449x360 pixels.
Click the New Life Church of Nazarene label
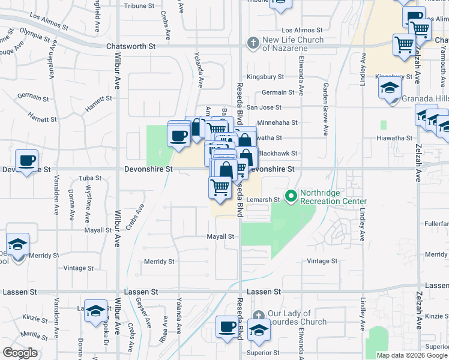pyautogui.click(x=294, y=44)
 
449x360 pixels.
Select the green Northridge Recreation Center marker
pyautogui.click(x=291, y=196)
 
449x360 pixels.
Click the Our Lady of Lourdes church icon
pyautogui.click(x=258, y=316)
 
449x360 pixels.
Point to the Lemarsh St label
pyautogui.click(x=265, y=200)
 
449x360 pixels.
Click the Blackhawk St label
pyautogui.click(x=277, y=154)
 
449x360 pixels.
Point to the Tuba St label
pyautogui.click(x=90, y=178)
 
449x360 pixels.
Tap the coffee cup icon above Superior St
pyautogui.click(x=228, y=327)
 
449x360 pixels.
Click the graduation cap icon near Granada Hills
pyautogui.click(x=390, y=89)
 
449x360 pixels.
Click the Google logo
pyautogui.click(x=20, y=353)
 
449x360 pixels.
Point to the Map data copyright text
pyautogui.click(x=412, y=355)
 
